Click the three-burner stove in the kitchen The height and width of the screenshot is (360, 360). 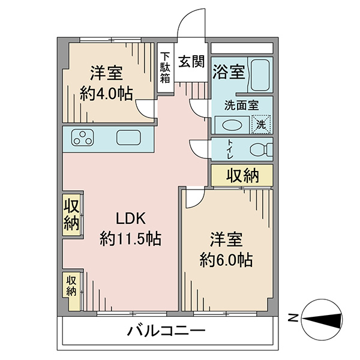82,137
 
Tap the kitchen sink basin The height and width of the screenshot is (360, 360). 128,137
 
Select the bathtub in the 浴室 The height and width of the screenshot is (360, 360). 260,75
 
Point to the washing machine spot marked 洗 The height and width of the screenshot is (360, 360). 261,124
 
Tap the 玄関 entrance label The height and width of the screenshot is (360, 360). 191,62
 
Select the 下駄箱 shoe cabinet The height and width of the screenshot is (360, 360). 166,68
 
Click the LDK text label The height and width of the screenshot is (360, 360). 131,218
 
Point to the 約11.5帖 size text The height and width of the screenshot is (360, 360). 131,239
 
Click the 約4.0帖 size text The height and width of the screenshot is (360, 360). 106,94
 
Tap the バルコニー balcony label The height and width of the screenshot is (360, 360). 166,332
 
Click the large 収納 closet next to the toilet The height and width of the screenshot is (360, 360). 242,175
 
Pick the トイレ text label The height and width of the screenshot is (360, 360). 230,149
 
